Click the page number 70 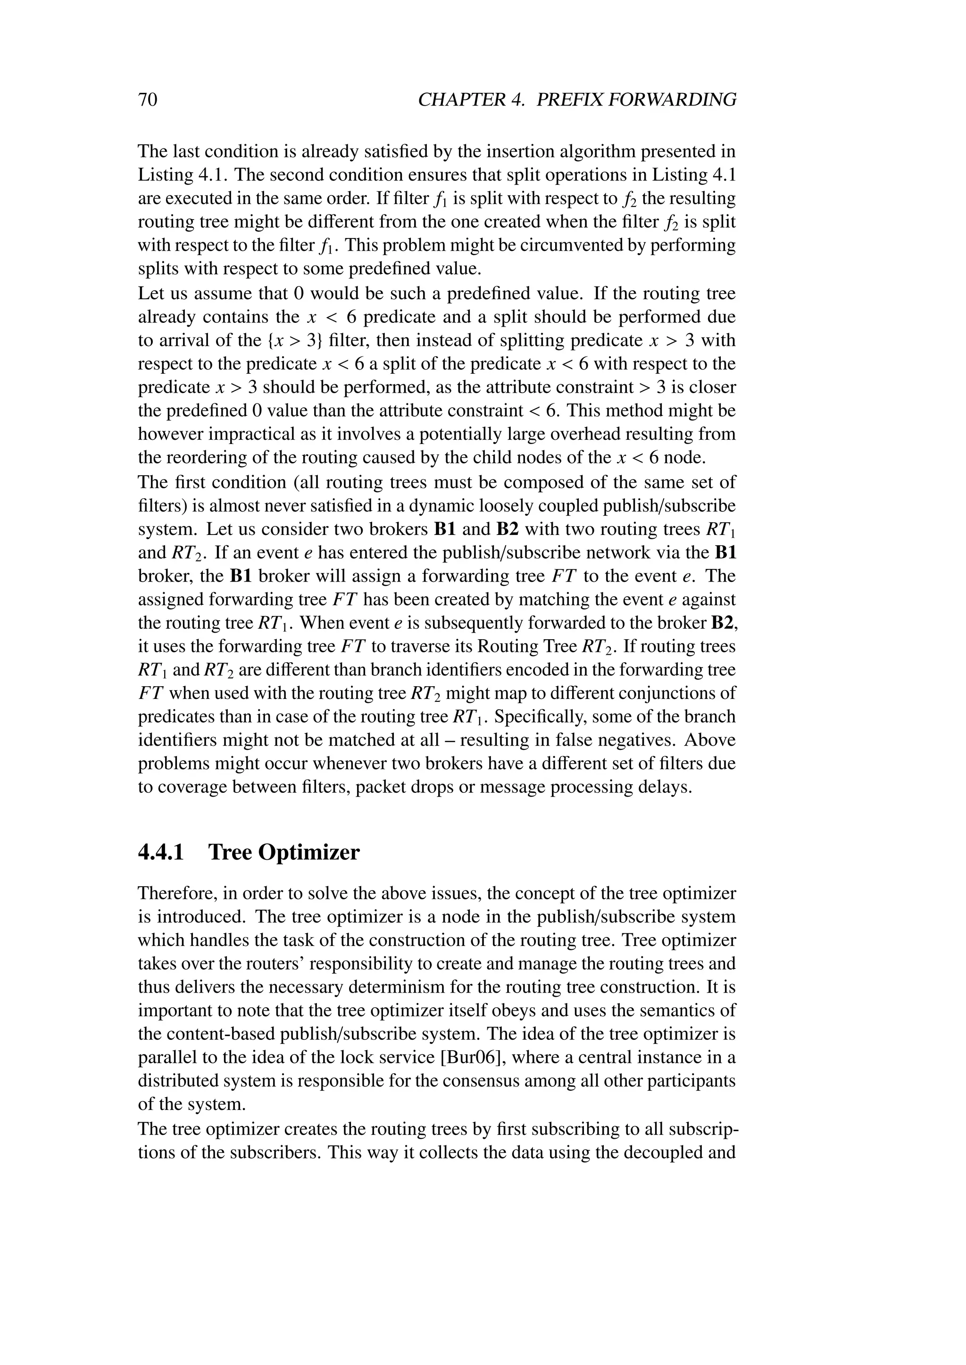[148, 99]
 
